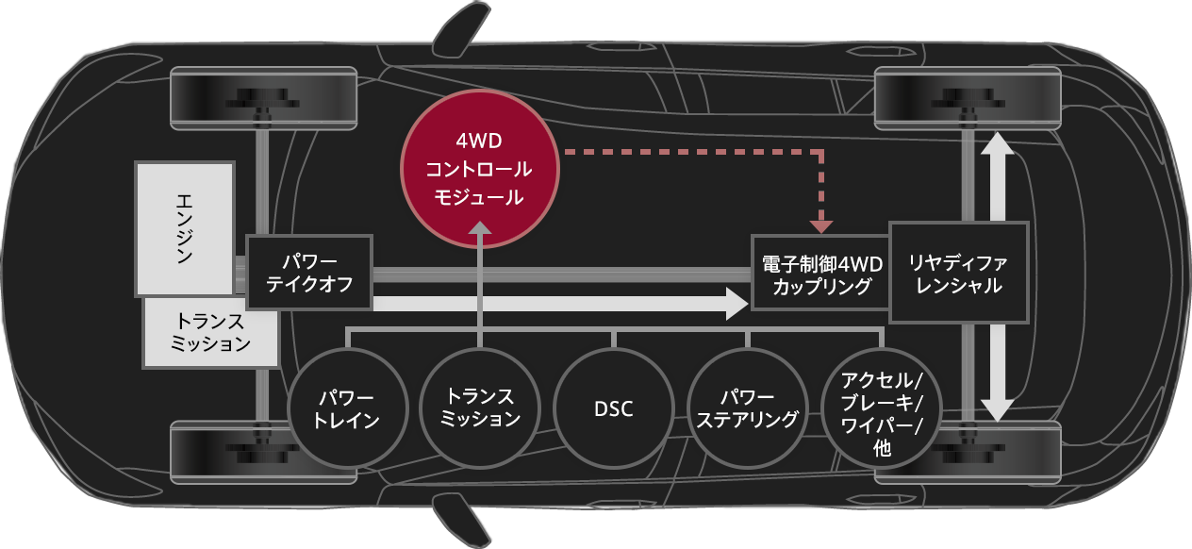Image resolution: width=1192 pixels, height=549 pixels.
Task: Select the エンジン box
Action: [x=185, y=228]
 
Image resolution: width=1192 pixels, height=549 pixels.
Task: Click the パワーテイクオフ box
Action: [x=309, y=272]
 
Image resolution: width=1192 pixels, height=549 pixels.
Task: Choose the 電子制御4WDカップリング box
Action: [x=820, y=272]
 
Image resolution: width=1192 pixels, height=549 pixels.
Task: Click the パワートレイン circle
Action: [x=347, y=408]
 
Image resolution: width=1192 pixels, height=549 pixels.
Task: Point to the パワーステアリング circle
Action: [x=747, y=408]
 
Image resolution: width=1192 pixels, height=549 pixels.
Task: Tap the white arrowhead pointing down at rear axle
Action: [x=999, y=408]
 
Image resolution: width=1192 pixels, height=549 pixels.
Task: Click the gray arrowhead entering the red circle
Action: [x=480, y=229]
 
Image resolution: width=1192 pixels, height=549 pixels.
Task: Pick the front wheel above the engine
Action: [x=264, y=98]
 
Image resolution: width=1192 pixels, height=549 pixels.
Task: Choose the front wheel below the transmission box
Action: [x=264, y=451]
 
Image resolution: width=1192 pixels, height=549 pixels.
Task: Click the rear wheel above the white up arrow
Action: [x=968, y=98]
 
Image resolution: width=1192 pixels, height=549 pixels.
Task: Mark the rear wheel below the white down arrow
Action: [x=968, y=451]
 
